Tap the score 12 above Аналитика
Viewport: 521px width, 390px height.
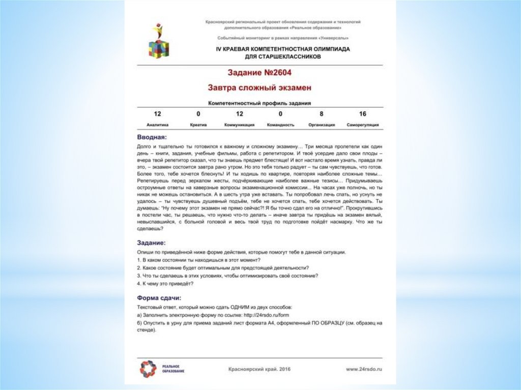coord(157,114)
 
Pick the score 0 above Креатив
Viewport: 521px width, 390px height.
coord(198,114)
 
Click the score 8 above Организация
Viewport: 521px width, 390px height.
coord(322,114)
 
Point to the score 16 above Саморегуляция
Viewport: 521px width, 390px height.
coord(362,114)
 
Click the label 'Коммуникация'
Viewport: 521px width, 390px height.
coord(240,125)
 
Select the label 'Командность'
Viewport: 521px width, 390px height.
coord(280,125)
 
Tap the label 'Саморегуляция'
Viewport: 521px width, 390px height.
coord(362,125)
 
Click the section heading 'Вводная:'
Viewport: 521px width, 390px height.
coord(152,137)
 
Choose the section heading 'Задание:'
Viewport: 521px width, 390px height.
coord(152,243)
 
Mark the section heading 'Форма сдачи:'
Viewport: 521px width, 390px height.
coord(159,297)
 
